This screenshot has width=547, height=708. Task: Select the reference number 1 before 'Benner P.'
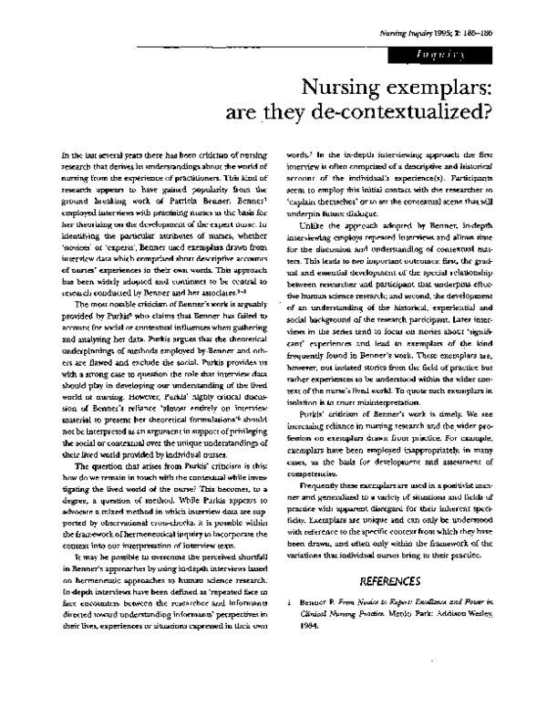click(289, 604)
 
